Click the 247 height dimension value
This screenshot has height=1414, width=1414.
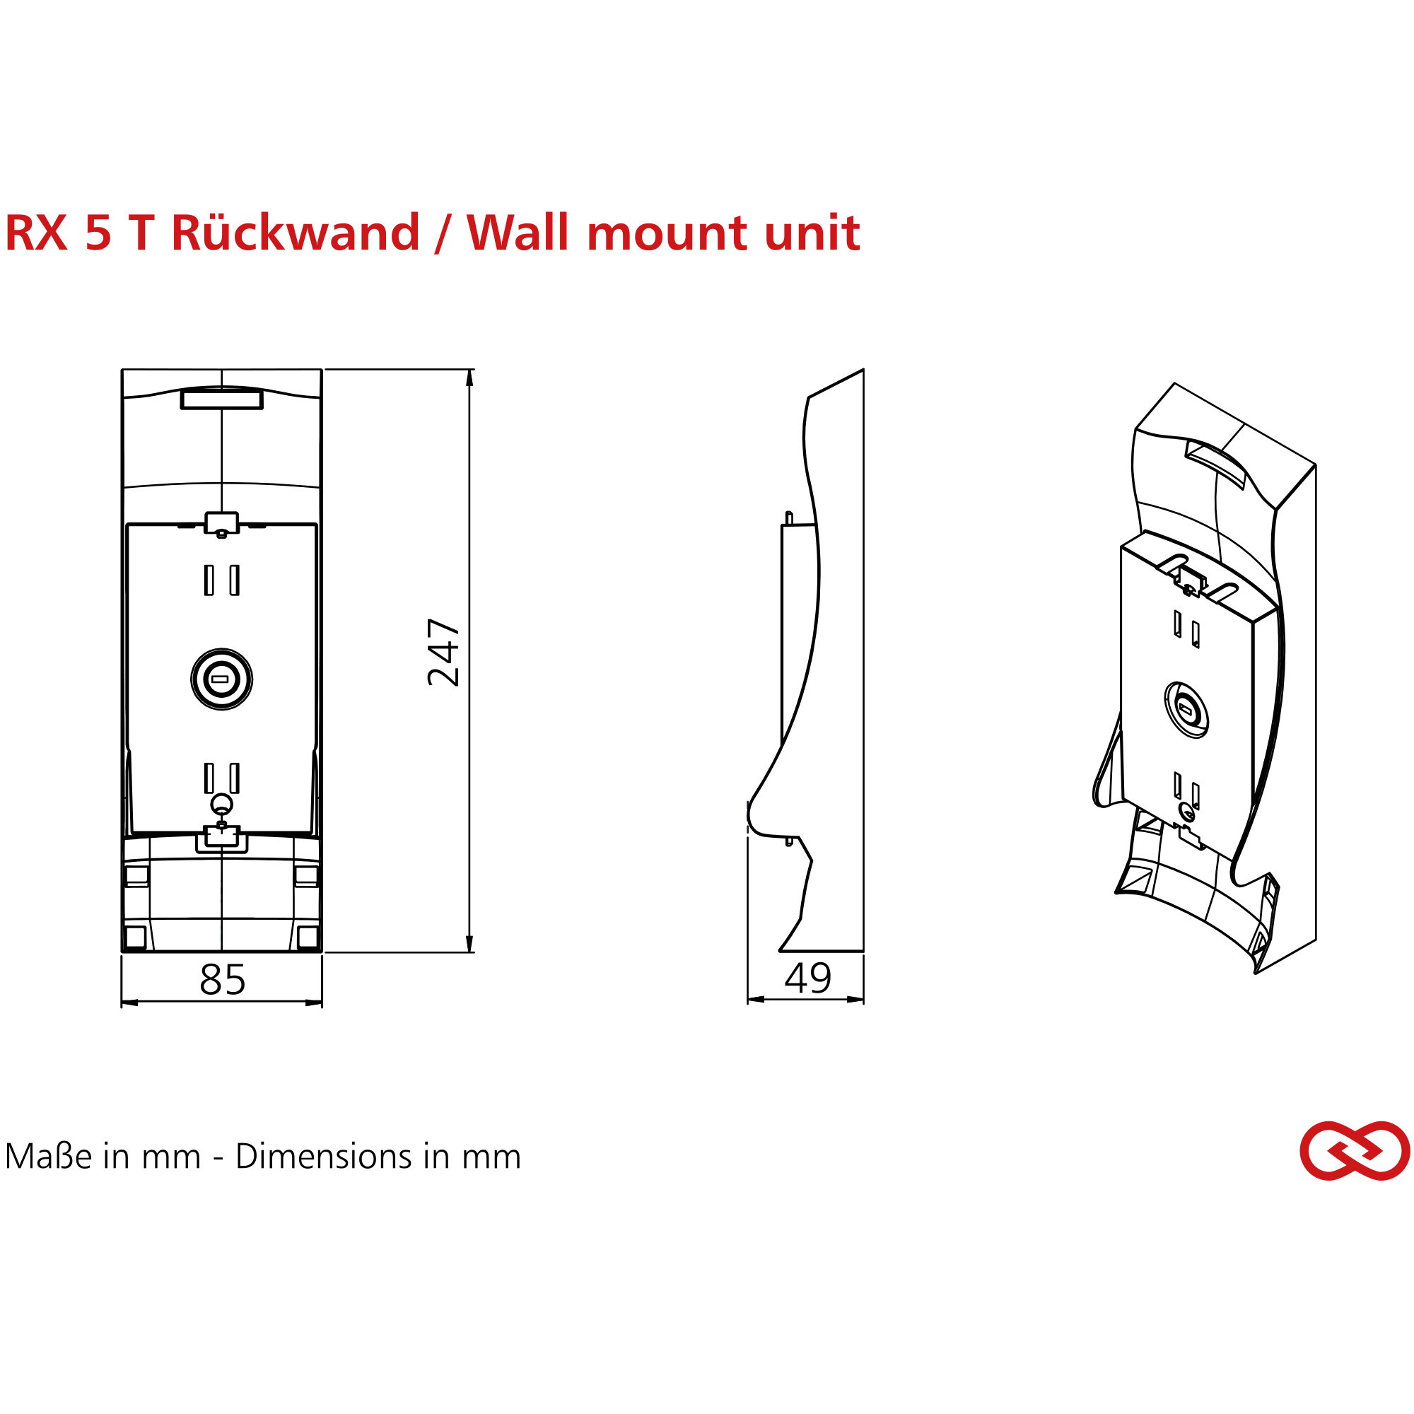(x=443, y=652)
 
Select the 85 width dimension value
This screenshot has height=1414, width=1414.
(x=223, y=979)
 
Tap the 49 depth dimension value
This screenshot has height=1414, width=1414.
(x=808, y=978)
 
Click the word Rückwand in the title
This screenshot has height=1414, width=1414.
(x=296, y=233)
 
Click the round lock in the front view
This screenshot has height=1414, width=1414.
(x=222, y=679)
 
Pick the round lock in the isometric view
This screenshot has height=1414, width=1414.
(x=1186, y=709)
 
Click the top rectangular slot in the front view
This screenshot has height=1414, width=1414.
(x=222, y=399)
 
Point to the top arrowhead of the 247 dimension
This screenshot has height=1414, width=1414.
(x=469, y=377)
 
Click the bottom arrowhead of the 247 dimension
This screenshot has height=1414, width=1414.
(x=469, y=944)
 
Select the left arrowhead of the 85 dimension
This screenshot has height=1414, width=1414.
(x=129, y=1003)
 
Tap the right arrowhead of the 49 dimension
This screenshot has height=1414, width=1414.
(x=855, y=999)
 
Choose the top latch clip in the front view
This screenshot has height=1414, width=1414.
(x=222, y=524)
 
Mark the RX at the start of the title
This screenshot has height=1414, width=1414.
(x=37, y=233)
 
